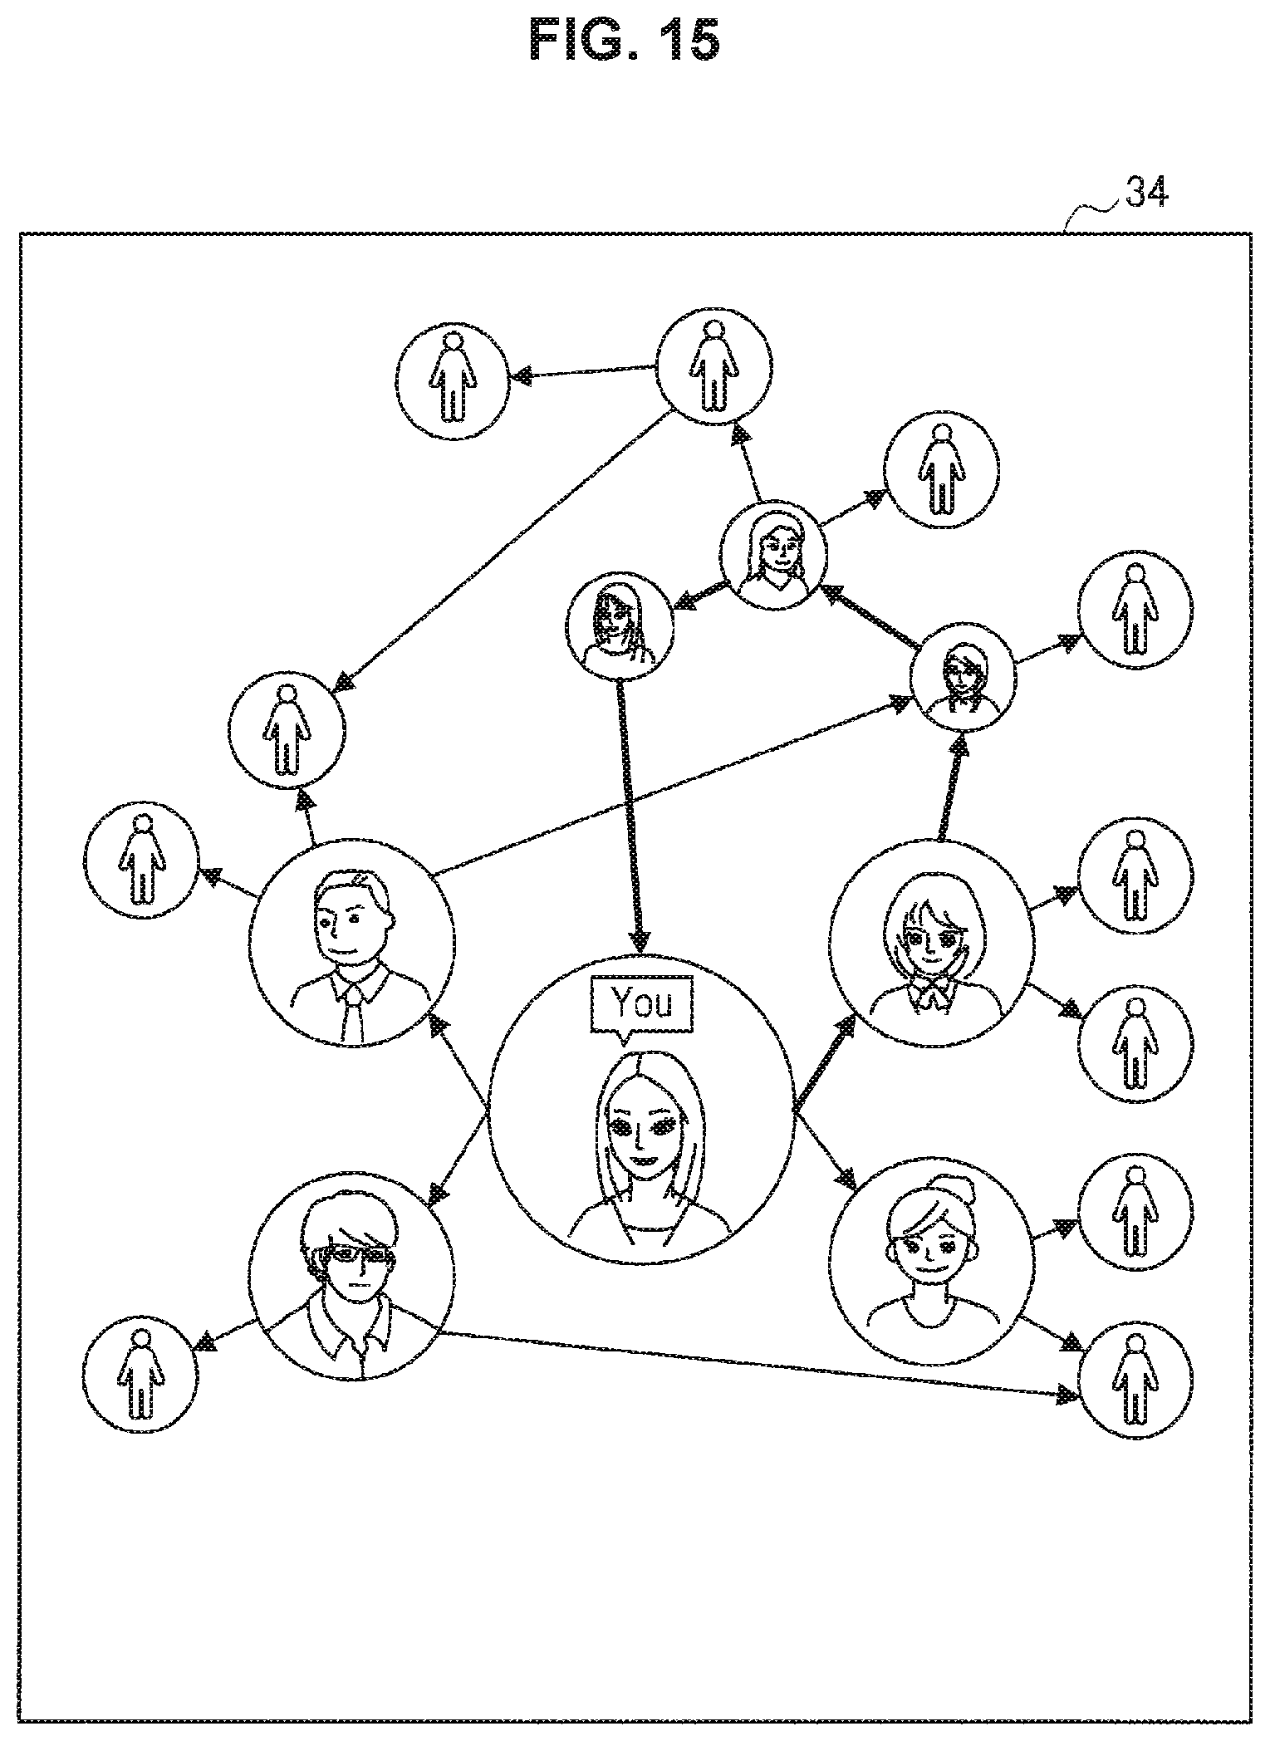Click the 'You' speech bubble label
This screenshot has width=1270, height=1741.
(641, 1006)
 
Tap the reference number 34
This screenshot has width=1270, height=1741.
(1147, 193)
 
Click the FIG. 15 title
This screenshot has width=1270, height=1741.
(624, 41)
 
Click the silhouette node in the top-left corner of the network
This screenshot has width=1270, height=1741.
(452, 381)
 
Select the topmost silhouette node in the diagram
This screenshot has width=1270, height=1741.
(713, 365)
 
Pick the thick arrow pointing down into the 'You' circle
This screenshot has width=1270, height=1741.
(630, 815)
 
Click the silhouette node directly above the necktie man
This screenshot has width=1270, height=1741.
(287, 730)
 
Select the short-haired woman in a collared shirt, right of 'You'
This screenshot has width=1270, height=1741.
(933, 943)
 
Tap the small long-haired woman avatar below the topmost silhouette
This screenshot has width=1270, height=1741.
(773, 554)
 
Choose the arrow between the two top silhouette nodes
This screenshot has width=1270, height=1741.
(583, 372)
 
